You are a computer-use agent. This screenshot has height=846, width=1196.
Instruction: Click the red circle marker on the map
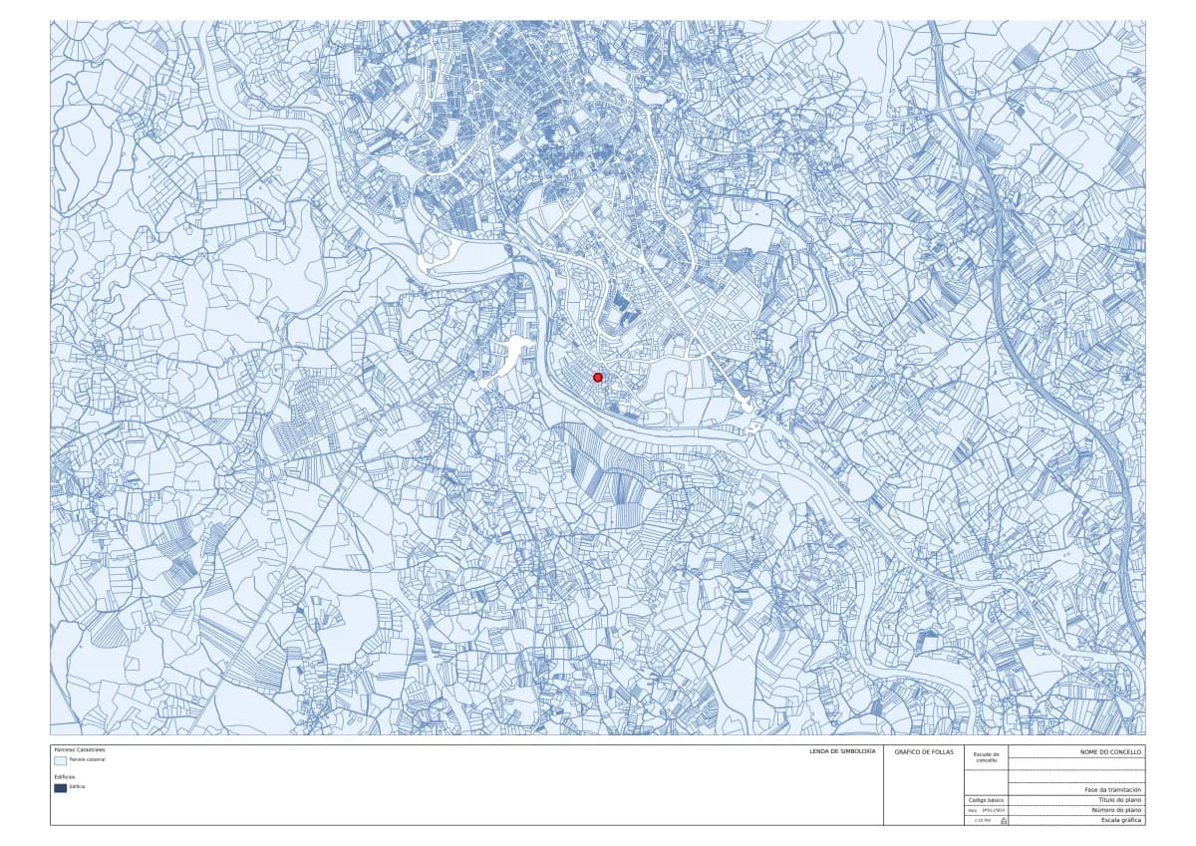click(x=598, y=377)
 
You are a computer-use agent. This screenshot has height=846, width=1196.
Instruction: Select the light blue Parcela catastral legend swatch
click(x=61, y=759)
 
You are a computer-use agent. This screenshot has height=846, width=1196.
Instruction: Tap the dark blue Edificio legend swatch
click(x=61, y=787)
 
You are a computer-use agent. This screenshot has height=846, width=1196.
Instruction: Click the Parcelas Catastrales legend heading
click(x=79, y=749)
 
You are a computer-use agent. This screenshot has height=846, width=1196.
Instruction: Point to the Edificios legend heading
click(x=65, y=776)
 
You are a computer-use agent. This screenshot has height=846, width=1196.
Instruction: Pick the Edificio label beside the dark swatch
click(x=78, y=787)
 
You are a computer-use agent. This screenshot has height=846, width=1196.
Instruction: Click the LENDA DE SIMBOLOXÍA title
click(x=842, y=750)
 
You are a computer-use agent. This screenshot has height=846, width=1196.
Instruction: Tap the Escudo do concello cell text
click(x=987, y=757)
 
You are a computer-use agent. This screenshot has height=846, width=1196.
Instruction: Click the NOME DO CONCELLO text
click(x=1111, y=751)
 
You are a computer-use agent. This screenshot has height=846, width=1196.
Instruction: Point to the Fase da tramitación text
click(x=1113, y=789)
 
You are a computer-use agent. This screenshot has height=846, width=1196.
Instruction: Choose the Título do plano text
click(x=1119, y=800)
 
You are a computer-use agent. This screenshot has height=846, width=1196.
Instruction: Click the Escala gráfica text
click(x=1121, y=820)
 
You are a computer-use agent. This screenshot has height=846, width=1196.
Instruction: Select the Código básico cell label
click(x=986, y=800)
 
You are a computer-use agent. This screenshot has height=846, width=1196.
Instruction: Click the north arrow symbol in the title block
click(x=1003, y=820)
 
